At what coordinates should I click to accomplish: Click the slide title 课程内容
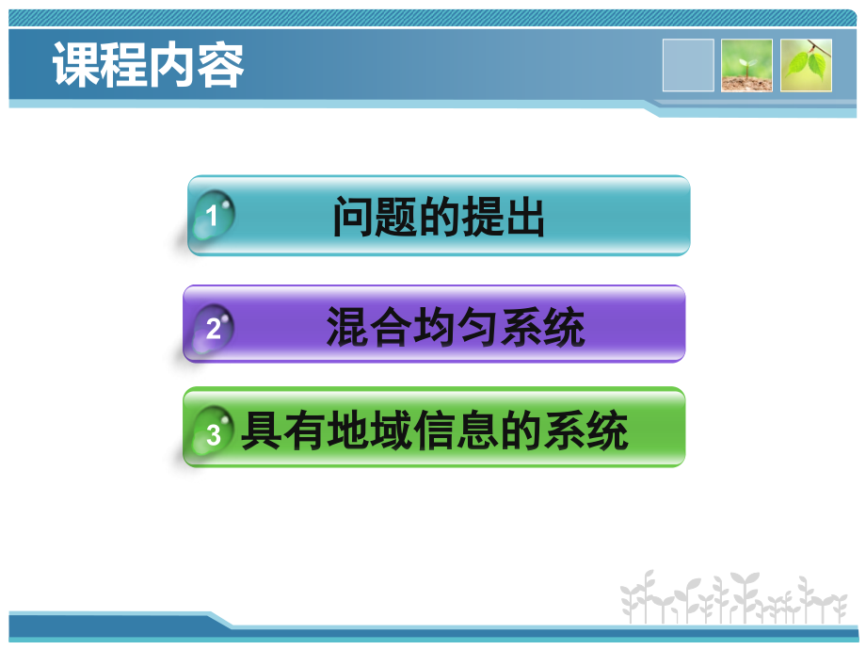click(x=149, y=65)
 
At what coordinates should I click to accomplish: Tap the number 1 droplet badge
click(x=213, y=217)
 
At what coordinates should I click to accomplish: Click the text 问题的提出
click(x=439, y=218)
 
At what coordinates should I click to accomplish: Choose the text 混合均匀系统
click(x=456, y=328)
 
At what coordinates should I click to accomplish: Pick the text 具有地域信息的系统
click(x=435, y=432)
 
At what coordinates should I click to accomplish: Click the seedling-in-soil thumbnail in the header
click(x=746, y=65)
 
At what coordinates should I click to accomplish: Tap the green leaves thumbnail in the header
click(x=806, y=65)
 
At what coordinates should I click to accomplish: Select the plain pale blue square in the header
click(x=688, y=65)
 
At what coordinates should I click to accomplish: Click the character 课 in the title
click(x=76, y=65)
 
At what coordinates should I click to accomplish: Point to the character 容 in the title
click(x=221, y=65)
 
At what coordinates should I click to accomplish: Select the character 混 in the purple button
click(x=347, y=328)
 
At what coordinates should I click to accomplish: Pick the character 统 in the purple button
click(x=564, y=328)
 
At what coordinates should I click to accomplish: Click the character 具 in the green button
click(x=261, y=432)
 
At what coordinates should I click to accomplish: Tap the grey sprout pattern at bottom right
click(x=734, y=597)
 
